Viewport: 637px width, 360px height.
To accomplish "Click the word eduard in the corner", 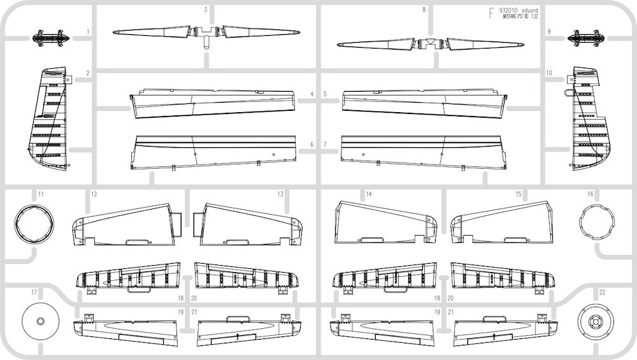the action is pyautogui.click(x=530, y=11).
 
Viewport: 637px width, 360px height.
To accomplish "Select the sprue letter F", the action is pyautogui.click(x=492, y=13).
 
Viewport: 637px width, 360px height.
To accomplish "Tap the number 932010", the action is pyautogui.click(x=508, y=11).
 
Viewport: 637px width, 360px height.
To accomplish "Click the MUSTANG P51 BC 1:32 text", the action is pyautogui.click(x=520, y=17).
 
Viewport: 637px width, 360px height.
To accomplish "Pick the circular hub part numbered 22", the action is pyautogui.click(x=596, y=321).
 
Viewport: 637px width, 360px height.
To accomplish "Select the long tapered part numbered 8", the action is pyautogui.click(x=431, y=44).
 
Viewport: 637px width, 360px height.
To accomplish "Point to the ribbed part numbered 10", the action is pyautogui.click(x=589, y=118).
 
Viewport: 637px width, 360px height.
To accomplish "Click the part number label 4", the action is pyautogui.click(x=312, y=94).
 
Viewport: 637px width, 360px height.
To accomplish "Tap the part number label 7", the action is pyautogui.click(x=325, y=145).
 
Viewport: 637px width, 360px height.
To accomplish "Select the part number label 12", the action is pyautogui.click(x=94, y=194).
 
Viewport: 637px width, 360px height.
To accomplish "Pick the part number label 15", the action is pyautogui.click(x=519, y=194).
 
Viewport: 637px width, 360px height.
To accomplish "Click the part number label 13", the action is pyautogui.click(x=280, y=194).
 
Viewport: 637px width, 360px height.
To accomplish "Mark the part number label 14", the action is pyautogui.click(x=369, y=194).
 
